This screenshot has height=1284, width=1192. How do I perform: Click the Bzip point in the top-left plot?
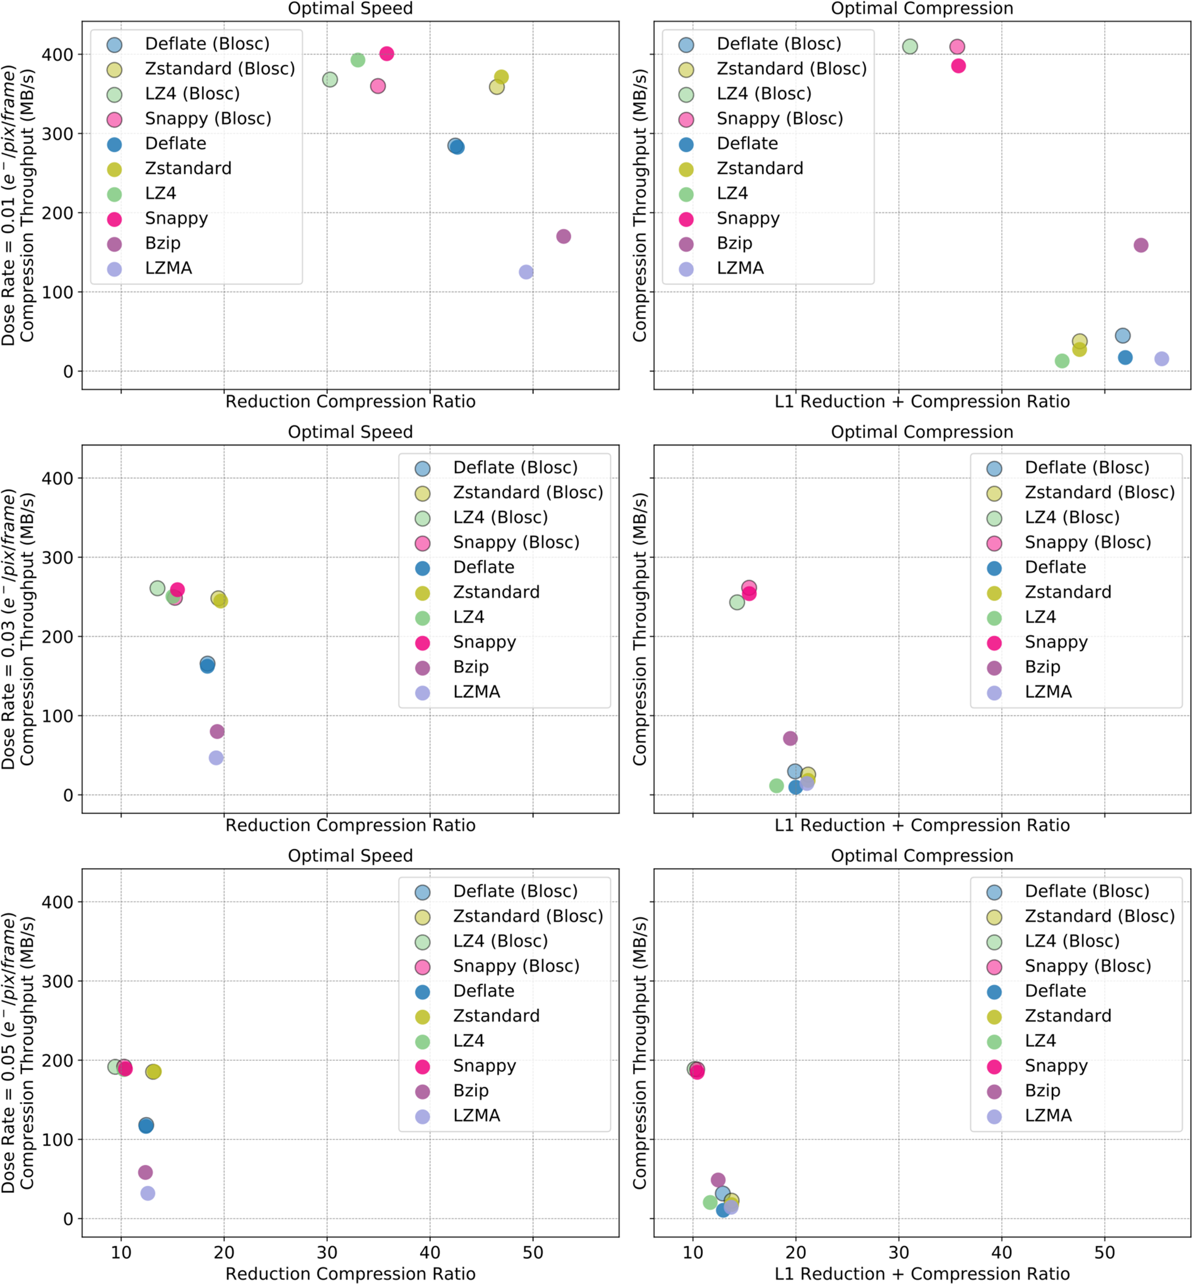tap(563, 237)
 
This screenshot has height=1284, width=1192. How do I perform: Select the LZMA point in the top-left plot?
tap(526, 272)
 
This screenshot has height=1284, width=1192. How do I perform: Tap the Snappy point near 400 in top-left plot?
tap(386, 54)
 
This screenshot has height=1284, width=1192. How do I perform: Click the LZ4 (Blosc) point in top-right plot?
tap(909, 46)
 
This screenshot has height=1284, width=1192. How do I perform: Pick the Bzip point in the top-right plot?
tap(1140, 245)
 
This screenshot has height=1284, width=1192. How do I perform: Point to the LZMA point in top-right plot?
tap(1161, 359)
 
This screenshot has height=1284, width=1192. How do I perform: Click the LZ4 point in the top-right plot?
tap(1061, 361)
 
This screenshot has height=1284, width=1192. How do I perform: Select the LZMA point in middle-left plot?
tap(216, 758)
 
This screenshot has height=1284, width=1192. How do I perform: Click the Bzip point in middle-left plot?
tap(217, 731)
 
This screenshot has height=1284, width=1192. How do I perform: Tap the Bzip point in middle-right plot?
tap(790, 738)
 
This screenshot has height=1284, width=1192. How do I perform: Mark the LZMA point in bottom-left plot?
tap(148, 1193)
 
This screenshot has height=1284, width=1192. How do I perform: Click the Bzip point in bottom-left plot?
tap(145, 1173)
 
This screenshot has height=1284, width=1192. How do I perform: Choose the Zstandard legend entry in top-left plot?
tap(188, 168)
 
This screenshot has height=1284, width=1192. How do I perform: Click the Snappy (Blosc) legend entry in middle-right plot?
tap(1088, 542)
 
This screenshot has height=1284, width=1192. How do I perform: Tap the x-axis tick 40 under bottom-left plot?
tap(430, 1252)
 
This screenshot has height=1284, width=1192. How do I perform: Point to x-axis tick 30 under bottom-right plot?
tap(899, 1252)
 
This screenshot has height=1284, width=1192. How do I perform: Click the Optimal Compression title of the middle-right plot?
tap(922, 432)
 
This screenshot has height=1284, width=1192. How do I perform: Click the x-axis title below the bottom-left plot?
tap(350, 1274)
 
